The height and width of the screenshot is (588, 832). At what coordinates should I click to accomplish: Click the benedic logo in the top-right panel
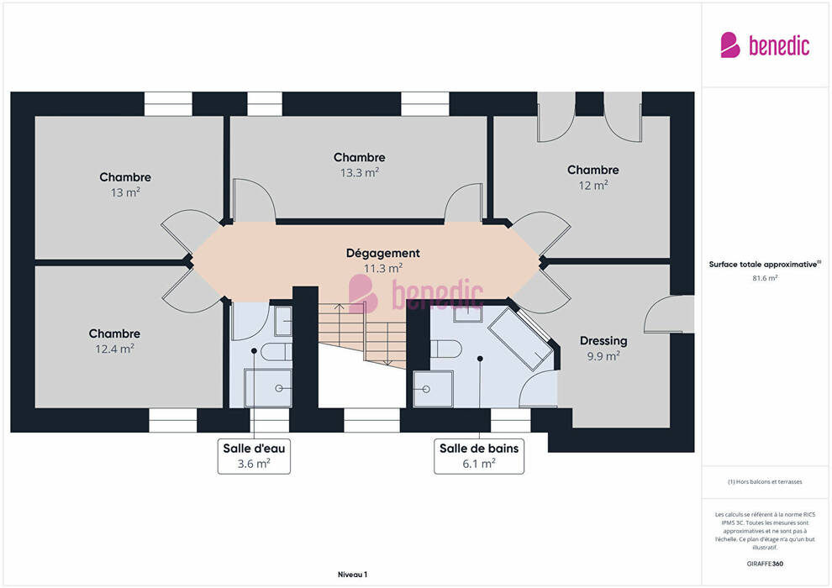point(765,45)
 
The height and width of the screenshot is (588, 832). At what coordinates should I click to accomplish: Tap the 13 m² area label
point(125,192)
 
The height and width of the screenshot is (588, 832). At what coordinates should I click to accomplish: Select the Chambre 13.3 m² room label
point(359,165)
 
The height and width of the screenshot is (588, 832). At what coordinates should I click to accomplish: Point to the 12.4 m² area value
point(114,349)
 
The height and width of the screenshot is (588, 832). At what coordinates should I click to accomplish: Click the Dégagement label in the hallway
point(382,254)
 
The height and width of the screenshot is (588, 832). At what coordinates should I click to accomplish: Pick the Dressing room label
point(603,340)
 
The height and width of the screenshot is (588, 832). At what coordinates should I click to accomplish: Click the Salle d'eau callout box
point(254,456)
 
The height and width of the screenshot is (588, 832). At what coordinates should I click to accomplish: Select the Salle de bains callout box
point(479,456)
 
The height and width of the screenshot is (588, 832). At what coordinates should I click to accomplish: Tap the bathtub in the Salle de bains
point(520,338)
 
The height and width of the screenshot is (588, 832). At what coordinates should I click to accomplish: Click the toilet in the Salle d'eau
point(276,351)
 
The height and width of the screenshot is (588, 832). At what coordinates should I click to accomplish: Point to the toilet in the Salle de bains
point(445,349)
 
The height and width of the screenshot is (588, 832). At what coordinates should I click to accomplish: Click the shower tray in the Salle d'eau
point(268,388)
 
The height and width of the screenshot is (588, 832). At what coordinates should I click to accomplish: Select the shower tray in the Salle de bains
point(434,389)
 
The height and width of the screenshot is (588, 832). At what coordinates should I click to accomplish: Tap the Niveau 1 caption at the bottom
point(352,575)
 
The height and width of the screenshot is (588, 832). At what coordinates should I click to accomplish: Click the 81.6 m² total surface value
point(765,278)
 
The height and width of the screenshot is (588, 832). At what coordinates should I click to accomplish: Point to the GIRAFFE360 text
point(765,564)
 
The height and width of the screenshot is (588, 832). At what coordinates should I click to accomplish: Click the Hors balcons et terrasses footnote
point(765,481)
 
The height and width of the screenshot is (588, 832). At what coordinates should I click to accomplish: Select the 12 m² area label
point(593,185)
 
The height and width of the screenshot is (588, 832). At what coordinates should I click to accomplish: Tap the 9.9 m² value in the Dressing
point(603,356)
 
